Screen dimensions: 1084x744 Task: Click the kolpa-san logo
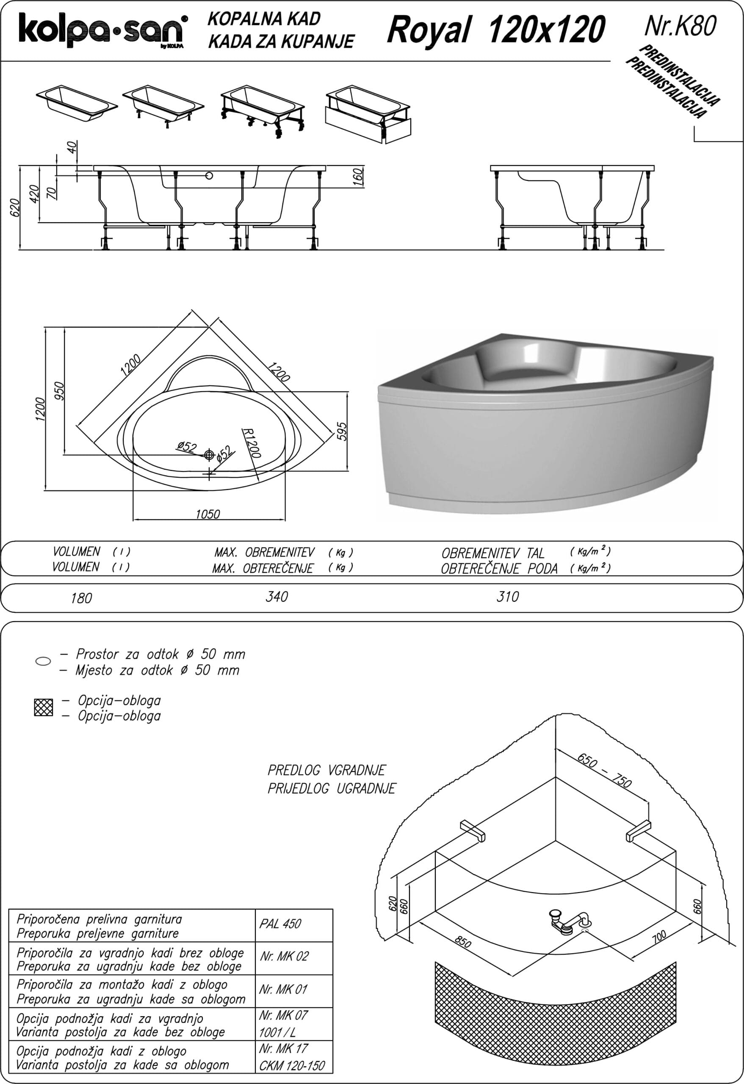(x=103, y=30)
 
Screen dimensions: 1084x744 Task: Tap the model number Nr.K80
(x=680, y=27)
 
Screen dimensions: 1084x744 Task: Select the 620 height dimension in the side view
(x=15, y=207)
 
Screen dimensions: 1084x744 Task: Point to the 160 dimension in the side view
(x=358, y=177)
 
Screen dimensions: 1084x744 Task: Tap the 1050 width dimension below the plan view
(x=207, y=514)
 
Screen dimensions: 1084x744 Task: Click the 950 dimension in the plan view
(x=59, y=391)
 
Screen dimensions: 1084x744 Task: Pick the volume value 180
(x=81, y=598)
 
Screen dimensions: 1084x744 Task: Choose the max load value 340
(x=277, y=597)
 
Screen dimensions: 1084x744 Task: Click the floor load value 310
(x=508, y=597)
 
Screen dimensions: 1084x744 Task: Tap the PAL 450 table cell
(x=280, y=924)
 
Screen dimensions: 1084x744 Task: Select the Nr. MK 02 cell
(x=285, y=956)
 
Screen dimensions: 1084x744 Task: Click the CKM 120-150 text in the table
(x=292, y=1065)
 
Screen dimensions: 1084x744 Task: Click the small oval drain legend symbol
(x=43, y=661)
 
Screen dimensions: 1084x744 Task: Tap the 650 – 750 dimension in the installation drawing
(x=604, y=770)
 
